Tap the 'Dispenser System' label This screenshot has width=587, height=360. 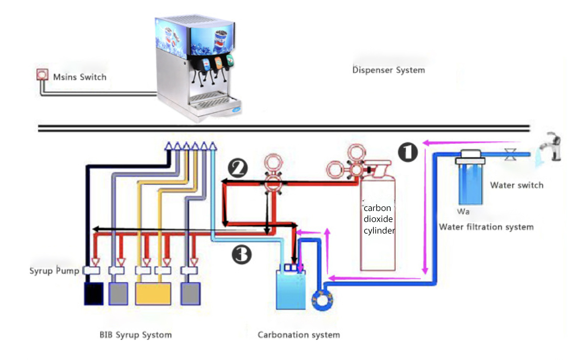coord(388,70)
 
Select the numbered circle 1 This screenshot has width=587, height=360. coord(407,152)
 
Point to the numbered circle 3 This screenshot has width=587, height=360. coord(242,255)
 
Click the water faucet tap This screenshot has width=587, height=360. coord(551,148)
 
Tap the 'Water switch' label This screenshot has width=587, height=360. coord(517,185)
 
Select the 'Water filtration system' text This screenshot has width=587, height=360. coord(486,227)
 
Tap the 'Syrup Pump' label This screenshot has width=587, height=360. coord(54,271)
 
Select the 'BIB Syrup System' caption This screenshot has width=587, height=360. coord(135,334)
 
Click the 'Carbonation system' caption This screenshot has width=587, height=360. coord(298,334)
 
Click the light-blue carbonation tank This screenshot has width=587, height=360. coord(290,291)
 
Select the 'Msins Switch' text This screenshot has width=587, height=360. coord(79,77)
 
